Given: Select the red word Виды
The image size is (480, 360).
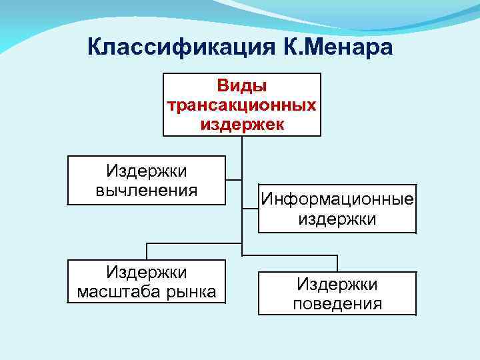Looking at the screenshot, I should click(x=241, y=87).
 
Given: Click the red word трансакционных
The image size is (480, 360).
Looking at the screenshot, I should click(x=241, y=105).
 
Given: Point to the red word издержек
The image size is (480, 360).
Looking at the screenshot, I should click(x=241, y=123).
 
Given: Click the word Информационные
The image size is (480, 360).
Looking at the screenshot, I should click(x=337, y=199).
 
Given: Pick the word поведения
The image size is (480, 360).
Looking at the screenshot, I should click(x=337, y=304).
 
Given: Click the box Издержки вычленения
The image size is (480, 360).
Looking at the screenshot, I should click(x=147, y=181).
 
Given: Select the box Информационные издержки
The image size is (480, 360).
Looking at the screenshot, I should click(x=337, y=209).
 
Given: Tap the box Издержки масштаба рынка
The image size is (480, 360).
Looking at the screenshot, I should click(x=147, y=281).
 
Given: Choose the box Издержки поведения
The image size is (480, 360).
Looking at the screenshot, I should click(x=337, y=294).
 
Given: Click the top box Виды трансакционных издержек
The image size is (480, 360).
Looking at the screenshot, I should click(x=241, y=105).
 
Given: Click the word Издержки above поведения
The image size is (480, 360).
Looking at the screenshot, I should click(x=337, y=285).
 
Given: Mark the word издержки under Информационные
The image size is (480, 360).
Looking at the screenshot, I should click(x=337, y=219).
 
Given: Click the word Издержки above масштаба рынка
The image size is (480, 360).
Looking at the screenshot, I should click(x=147, y=272).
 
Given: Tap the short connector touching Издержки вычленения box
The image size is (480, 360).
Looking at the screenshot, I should click(x=233, y=179).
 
